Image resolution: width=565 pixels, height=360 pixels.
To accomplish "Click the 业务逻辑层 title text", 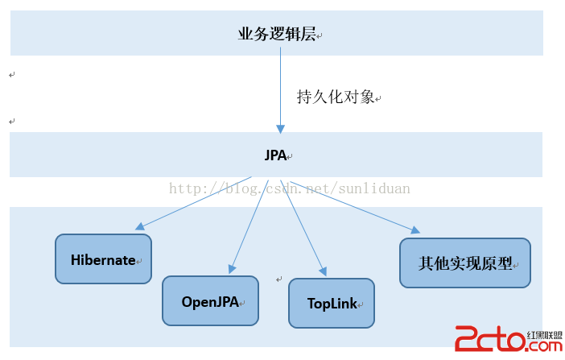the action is (277, 35).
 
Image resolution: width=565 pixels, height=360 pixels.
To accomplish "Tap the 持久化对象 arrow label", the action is (336, 97).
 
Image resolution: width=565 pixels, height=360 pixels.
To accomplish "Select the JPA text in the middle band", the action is (275, 155).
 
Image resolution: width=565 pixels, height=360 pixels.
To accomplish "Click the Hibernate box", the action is (103, 259).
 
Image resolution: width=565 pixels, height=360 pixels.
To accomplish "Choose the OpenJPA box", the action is (210, 301).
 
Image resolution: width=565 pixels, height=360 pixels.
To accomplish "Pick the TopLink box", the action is (332, 304).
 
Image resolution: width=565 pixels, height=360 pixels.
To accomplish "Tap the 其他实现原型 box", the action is (465, 263).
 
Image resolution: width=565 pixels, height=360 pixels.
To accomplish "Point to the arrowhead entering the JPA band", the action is (280, 129).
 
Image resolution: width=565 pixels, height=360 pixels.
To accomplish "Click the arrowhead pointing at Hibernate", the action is (140, 226).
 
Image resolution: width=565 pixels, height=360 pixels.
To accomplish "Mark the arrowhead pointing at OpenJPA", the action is (232, 269).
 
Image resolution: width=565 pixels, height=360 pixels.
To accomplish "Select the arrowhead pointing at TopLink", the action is (324, 271).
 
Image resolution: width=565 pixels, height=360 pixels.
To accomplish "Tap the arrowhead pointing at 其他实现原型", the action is (415, 230).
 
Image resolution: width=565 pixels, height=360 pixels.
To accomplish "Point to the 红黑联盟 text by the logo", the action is (544, 335).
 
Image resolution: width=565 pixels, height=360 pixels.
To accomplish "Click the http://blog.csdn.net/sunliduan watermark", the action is (290, 188).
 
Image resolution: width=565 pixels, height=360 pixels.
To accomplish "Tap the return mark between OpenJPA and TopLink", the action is (279, 279).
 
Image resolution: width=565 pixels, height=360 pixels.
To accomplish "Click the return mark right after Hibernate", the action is (139, 261).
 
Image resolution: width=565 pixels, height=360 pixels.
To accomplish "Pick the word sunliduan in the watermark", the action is (374, 188).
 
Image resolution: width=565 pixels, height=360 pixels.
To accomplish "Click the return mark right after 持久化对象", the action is (378, 98).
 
